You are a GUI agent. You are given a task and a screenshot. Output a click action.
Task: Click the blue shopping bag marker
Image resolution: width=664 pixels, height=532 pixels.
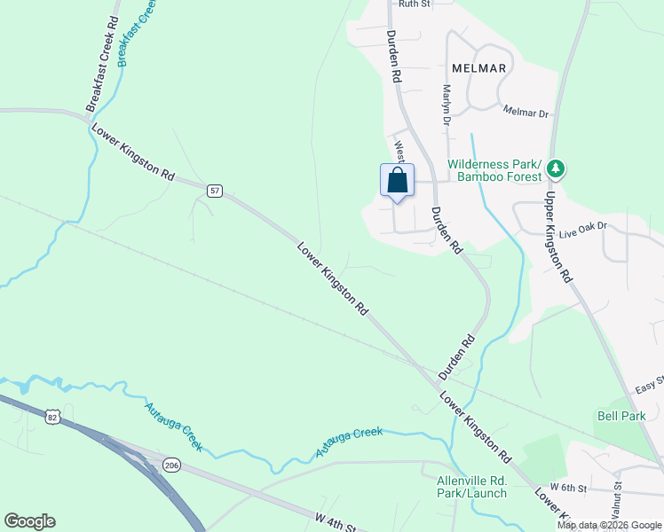click(x=398, y=181)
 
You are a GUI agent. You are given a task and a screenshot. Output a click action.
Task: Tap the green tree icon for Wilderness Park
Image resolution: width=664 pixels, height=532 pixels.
click(x=557, y=168)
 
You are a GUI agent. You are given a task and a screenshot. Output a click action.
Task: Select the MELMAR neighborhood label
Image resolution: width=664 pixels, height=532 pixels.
click(x=478, y=68)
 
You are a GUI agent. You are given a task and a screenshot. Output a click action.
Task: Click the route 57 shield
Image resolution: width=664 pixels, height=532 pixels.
click(x=215, y=191)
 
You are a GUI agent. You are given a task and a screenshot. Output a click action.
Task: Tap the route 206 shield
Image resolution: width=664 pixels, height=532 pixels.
click(x=171, y=464)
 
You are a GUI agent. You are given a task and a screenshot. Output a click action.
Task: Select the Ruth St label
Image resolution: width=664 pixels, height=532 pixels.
click(x=414, y=4)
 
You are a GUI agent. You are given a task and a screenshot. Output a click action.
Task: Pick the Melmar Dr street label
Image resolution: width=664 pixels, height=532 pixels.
click(x=526, y=113)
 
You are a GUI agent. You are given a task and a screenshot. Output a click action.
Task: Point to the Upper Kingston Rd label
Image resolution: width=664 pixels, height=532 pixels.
click(x=557, y=237)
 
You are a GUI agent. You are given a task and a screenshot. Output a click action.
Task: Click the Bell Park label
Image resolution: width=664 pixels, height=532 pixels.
click(x=621, y=415)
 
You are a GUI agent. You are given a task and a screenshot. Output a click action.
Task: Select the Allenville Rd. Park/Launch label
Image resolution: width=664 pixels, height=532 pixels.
click(x=471, y=487)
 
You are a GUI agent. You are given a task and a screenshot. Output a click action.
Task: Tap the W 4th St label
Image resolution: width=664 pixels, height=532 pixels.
click(x=335, y=521)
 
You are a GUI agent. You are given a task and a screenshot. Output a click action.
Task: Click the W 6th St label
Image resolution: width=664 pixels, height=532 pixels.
click(x=569, y=489)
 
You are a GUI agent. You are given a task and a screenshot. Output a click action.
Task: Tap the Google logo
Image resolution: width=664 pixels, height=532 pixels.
click(x=29, y=521)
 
